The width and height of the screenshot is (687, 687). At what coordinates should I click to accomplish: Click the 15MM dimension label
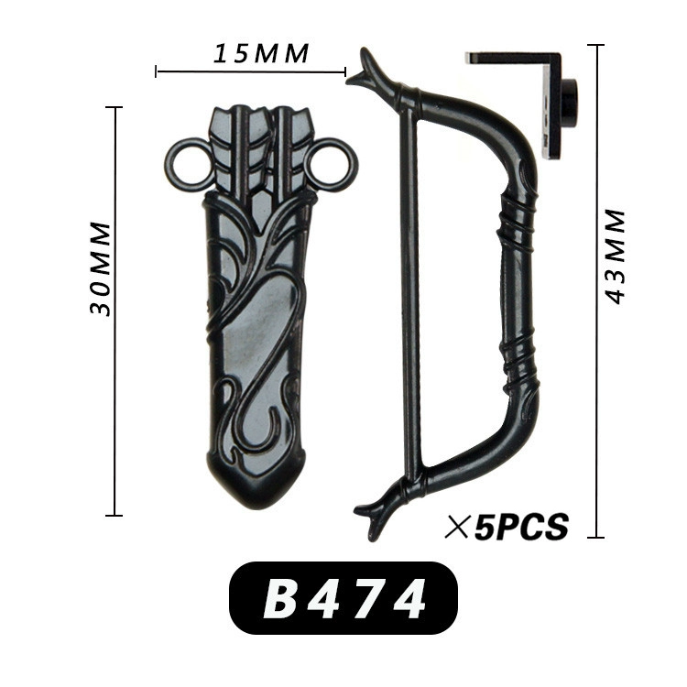click(x=261, y=53)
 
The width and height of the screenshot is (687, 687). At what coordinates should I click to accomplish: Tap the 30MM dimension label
click(x=101, y=268)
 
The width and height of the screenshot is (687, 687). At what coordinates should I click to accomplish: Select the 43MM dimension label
click(x=615, y=256)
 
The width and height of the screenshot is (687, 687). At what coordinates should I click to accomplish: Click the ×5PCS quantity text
click(x=507, y=526)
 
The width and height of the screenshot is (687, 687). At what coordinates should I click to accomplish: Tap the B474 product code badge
click(x=343, y=598)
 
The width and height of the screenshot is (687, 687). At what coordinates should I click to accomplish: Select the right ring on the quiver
click(x=332, y=165)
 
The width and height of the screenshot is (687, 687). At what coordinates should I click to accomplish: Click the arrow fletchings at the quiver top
click(x=261, y=149)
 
